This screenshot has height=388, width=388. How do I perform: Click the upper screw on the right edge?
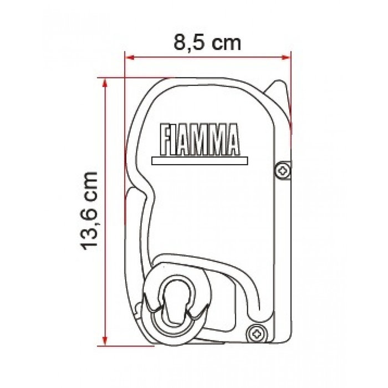(283, 170)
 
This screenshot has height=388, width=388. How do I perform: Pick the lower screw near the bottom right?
(255, 333)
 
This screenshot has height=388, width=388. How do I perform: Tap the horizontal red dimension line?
(208, 56)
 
